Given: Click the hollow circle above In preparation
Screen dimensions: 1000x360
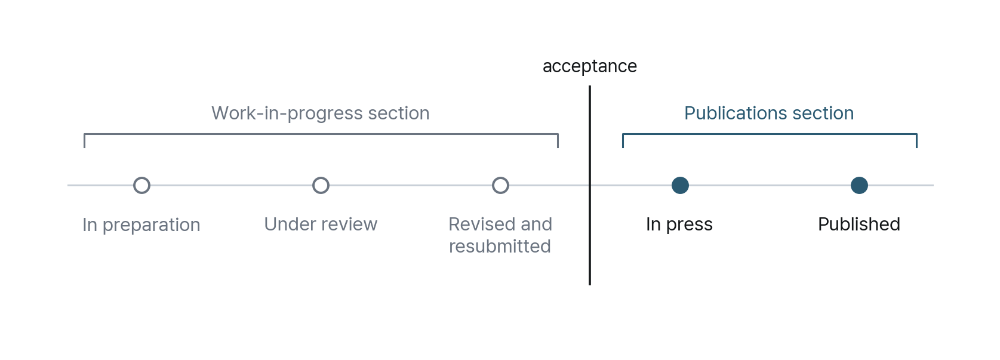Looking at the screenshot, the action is point(141,177).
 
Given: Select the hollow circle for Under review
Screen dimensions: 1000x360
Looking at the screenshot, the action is point(321,177).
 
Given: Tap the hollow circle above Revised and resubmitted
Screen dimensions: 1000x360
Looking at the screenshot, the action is point(500,177).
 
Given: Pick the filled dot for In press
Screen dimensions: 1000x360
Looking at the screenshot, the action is point(680,185).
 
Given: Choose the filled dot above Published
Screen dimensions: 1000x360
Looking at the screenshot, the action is point(859,185).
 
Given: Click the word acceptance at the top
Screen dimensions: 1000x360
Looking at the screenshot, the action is point(590,66).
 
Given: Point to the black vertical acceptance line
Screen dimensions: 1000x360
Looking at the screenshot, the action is point(590,185).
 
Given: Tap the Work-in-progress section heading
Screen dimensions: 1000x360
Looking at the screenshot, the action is point(321,113).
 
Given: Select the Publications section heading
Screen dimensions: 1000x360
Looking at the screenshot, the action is point(769,113).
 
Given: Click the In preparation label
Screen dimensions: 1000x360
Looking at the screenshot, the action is point(141,224).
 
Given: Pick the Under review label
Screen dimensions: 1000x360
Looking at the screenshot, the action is point(321,224).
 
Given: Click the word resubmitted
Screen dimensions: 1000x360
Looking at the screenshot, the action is point(500,246).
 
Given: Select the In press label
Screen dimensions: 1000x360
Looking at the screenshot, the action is point(679,224).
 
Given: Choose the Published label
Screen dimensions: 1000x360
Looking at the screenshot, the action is point(859,224).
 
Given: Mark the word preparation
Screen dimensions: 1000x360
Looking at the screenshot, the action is point(151,226).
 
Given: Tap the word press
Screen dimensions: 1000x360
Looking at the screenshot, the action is point(690,226).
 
